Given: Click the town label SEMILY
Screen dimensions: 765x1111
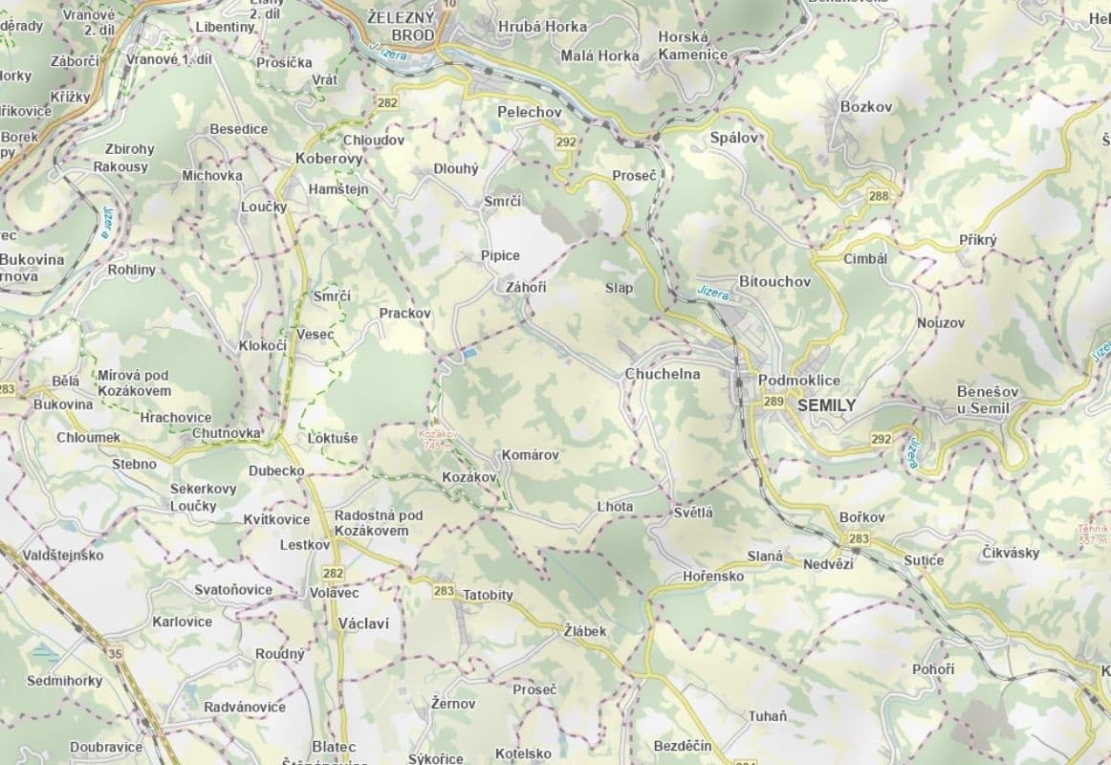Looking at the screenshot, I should pos(825,405).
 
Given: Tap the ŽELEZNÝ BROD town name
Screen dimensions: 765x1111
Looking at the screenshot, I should pos(401,25).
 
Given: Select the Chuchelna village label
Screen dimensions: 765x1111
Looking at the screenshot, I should pos(663,374).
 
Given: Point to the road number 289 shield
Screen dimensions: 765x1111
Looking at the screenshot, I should pos(773,403).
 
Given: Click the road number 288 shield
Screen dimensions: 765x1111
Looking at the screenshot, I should pos(879,196).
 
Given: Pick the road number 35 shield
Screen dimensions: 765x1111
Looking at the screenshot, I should pos(116,653).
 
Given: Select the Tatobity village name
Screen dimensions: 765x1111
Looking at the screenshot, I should pos(488,595).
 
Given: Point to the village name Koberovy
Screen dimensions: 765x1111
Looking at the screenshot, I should pos(329,159).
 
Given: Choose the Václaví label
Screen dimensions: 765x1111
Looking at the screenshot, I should pos(363,623).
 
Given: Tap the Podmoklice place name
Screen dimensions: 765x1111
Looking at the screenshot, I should pos(799,381).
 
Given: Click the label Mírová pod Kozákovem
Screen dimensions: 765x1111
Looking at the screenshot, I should pos(134,382).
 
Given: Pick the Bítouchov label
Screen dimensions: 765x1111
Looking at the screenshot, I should pos(774,282).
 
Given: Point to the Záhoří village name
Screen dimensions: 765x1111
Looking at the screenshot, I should pos(526,288).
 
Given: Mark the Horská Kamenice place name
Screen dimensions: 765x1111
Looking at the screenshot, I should pos(692,46).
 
